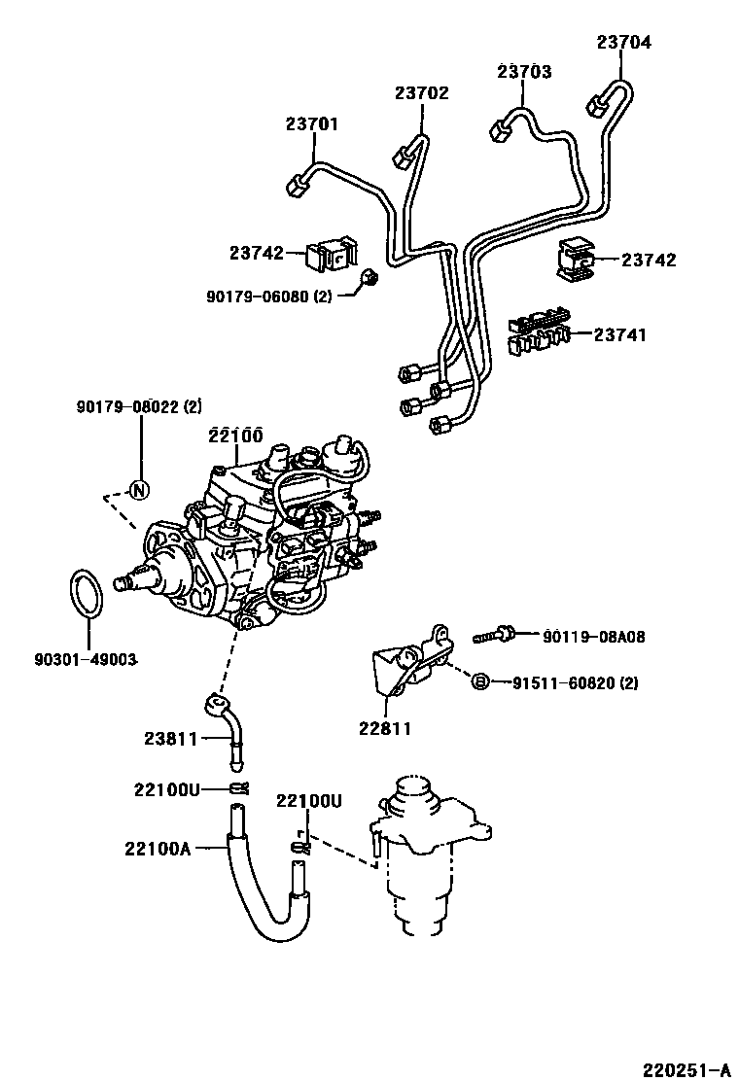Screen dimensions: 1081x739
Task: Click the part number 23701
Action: coord(312,124)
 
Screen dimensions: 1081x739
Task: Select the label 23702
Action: coord(422,93)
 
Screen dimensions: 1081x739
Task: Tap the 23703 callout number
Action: coord(525,72)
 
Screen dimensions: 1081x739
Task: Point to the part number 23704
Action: coord(624,42)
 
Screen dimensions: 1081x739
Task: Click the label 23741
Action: coord(620,334)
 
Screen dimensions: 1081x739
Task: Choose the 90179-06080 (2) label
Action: coord(268,296)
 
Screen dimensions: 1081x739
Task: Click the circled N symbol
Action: coord(138,489)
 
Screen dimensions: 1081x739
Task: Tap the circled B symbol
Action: coord(479,682)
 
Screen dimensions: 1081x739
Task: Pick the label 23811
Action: coord(171,739)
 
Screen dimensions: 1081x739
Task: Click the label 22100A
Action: coord(158,848)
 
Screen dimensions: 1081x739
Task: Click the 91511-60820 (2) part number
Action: coord(576,682)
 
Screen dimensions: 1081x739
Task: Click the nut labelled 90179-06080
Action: coord(369,280)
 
